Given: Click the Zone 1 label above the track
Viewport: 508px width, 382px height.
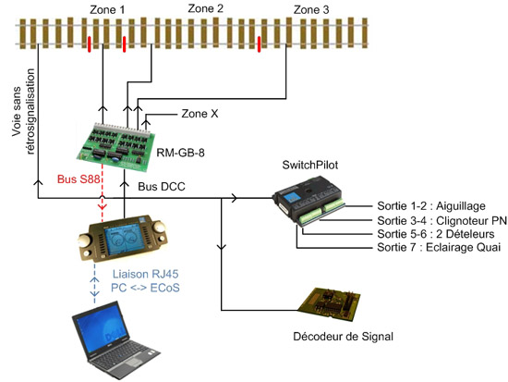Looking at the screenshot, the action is point(107,10).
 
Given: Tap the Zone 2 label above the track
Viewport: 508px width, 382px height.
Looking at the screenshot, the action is point(206,8).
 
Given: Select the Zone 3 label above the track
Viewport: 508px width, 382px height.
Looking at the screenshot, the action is point(311,10).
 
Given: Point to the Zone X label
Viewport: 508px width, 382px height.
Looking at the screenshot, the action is point(200,114).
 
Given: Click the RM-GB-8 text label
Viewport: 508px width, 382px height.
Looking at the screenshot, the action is point(181,153).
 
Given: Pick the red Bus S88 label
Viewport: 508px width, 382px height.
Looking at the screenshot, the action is point(79,179).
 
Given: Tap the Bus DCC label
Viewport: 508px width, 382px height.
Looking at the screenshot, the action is point(162,186).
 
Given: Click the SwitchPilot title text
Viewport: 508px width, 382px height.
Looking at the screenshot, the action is point(310,165).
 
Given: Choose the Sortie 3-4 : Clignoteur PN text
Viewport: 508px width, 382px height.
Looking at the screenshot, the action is point(441,221).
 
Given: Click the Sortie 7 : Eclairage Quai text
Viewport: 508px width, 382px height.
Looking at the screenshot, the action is point(439,247).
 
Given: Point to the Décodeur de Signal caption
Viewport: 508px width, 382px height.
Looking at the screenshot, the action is point(343,337).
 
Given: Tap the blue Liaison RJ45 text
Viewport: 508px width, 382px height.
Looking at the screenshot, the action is point(145,274).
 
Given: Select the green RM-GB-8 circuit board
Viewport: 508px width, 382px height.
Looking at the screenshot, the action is point(115,147).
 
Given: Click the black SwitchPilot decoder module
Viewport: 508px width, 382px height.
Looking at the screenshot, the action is point(308,201).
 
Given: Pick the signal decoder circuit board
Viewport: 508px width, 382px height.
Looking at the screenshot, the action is point(329,303).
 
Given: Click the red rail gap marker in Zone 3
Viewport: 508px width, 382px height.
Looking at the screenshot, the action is point(259,44).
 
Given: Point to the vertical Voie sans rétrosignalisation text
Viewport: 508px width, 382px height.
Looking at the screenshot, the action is point(23,111).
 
